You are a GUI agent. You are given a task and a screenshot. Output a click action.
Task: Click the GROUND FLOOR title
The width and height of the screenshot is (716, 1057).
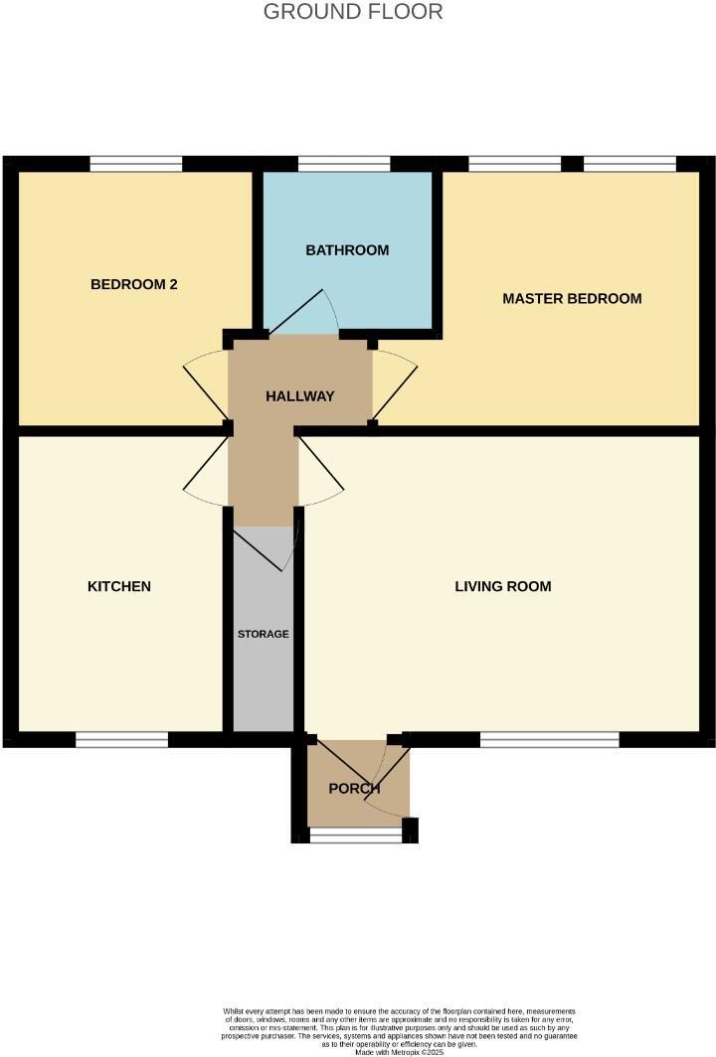point(353,12)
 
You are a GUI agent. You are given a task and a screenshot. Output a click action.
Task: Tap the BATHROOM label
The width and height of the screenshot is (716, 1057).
point(347,250)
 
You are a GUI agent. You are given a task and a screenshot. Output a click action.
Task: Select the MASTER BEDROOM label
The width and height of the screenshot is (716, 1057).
point(572,298)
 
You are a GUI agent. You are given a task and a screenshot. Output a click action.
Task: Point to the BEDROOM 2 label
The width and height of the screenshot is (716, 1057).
point(133,284)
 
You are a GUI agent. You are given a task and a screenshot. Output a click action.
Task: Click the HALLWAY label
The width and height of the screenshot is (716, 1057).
point(299,395)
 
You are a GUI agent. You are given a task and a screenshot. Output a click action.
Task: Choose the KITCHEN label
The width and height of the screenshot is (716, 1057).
point(119,586)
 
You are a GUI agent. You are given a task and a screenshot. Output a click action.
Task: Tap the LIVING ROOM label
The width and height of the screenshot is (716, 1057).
point(503,586)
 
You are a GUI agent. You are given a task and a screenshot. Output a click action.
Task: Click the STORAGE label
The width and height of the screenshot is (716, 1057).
point(264,634)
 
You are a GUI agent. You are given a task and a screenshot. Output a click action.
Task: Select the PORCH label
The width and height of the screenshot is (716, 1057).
point(355,790)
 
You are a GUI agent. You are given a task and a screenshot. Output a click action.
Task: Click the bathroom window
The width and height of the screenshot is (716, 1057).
point(344,164)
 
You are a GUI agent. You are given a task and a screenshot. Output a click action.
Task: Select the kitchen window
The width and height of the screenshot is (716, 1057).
point(122,739)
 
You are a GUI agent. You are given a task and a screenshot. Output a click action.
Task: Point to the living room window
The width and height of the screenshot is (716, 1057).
point(549,739)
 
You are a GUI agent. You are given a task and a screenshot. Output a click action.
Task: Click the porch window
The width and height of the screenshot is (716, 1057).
point(357,837)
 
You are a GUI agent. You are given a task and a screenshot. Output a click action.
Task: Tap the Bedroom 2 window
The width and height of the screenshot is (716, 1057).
point(135,164)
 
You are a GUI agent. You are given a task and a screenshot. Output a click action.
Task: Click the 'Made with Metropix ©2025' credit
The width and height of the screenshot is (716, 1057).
point(398,1052)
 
